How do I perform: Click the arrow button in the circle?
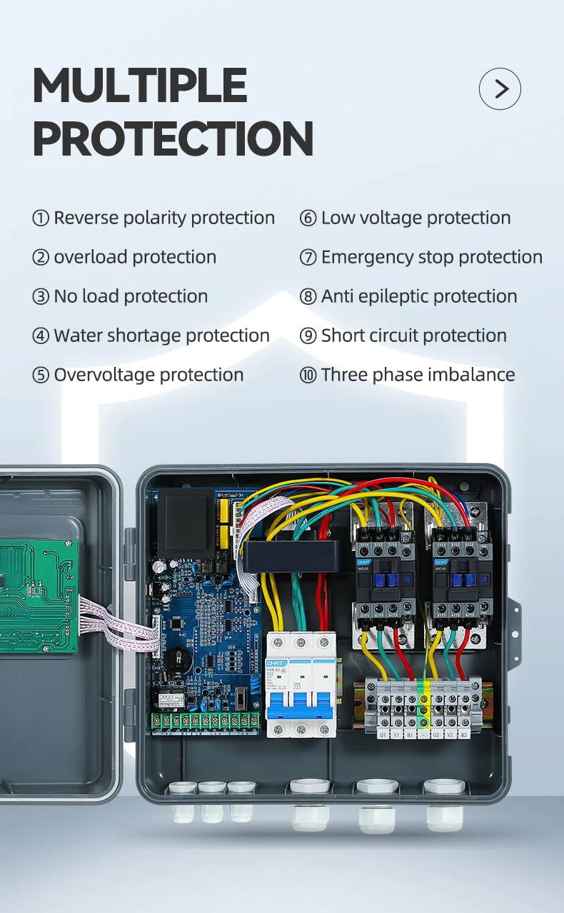(500, 89)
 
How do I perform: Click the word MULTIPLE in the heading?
(140, 86)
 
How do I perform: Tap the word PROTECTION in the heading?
(173, 138)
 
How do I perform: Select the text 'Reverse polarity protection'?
(164, 218)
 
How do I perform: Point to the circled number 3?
(41, 297)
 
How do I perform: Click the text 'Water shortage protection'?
(161, 336)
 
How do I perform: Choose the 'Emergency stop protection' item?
(431, 257)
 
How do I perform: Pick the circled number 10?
(308, 375)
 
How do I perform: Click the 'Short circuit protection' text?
(413, 336)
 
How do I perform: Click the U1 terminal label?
(383, 733)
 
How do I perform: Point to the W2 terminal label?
(464, 733)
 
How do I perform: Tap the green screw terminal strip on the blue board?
(206, 720)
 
